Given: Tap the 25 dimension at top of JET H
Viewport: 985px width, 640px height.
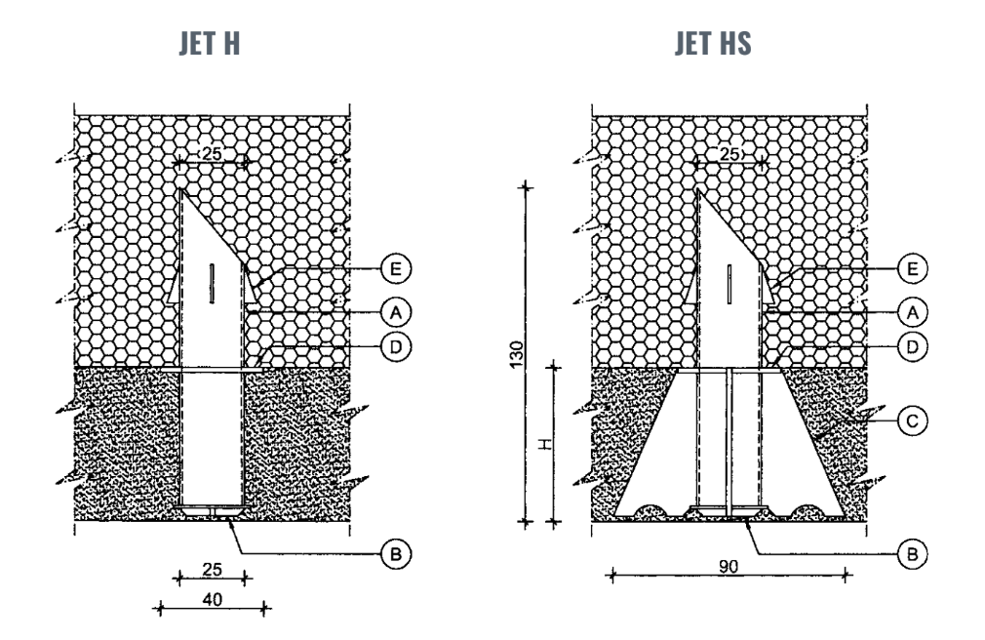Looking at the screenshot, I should pyautogui.click(x=211, y=154).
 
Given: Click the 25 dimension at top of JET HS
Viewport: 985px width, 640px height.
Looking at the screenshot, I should pyautogui.click(x=729, y=154).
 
